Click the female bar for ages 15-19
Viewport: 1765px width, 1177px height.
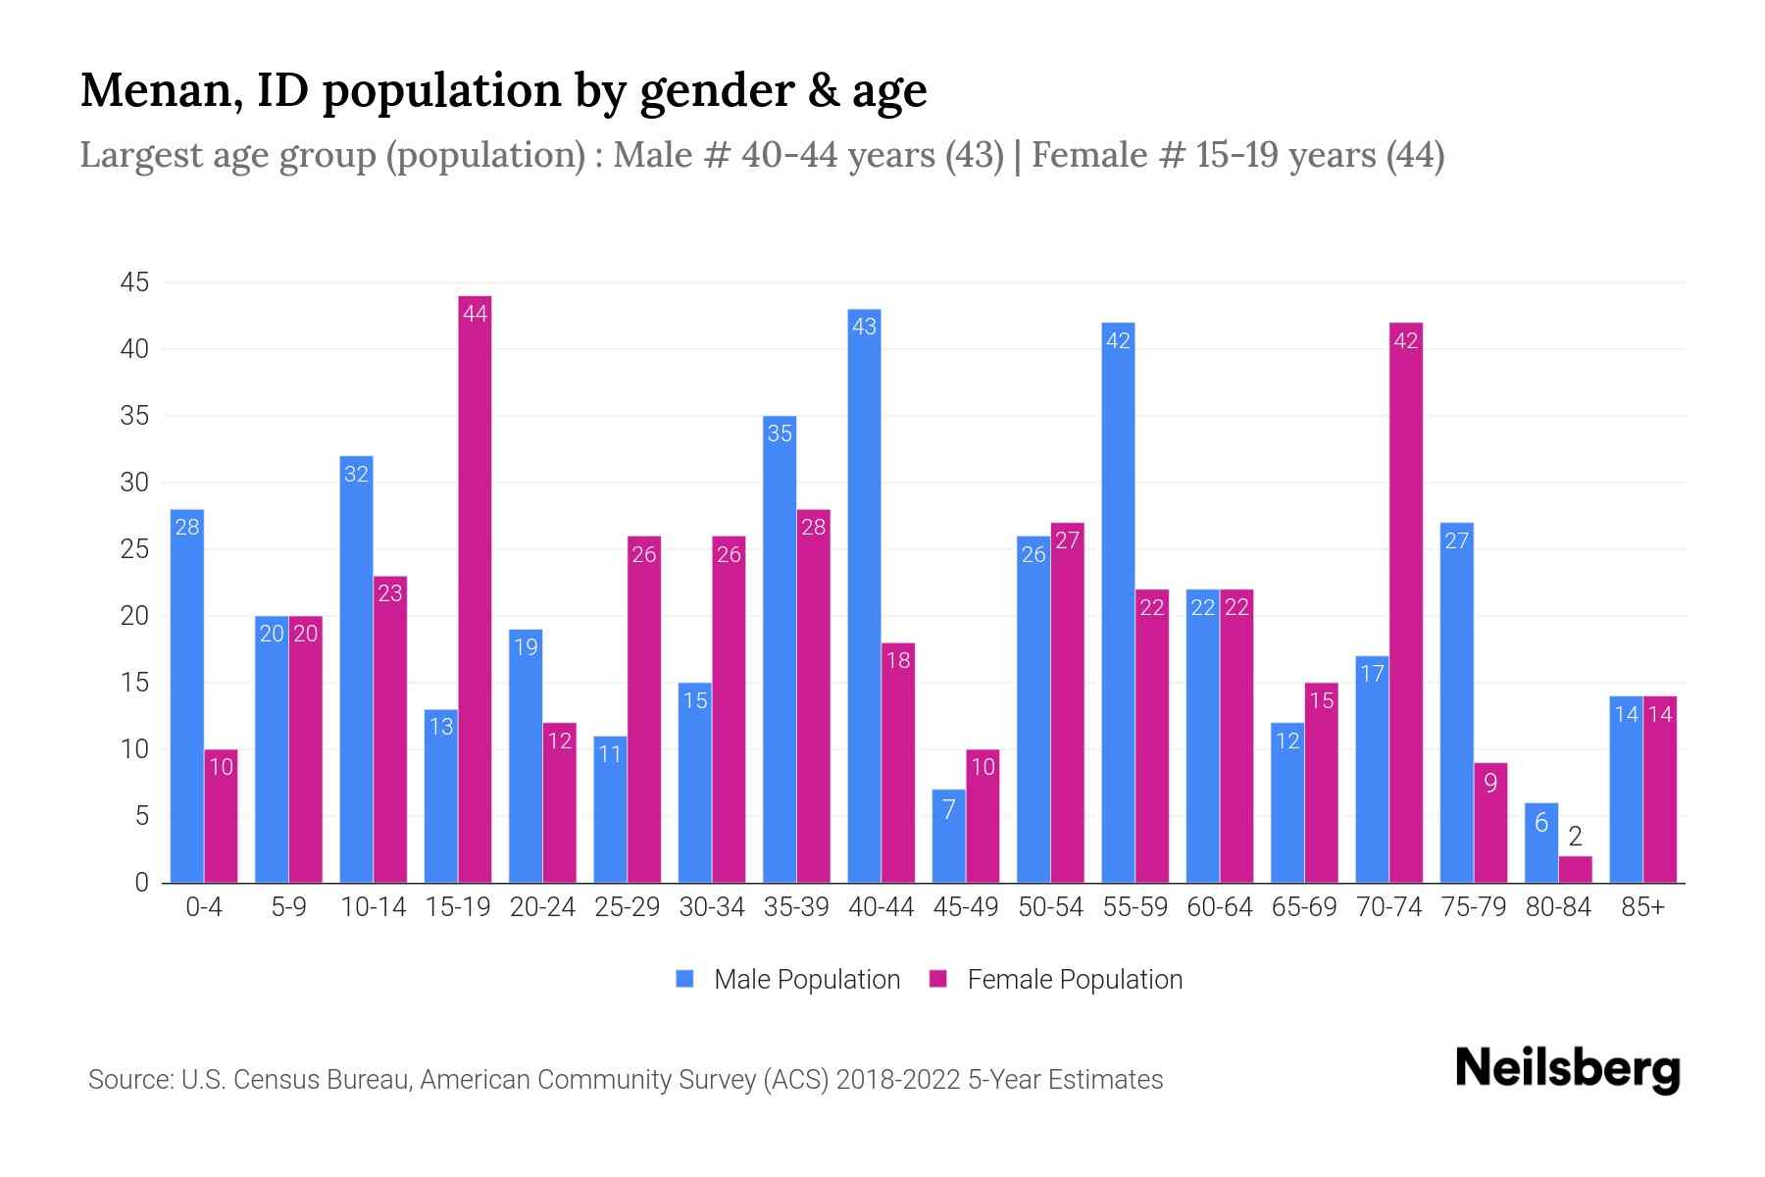pyautogui.click(x=475, y=588)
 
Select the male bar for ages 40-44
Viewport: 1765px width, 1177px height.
pyautogui.click(x=864, y=598)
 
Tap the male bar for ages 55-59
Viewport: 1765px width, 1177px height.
pyautogui.click(x=1118, y=603)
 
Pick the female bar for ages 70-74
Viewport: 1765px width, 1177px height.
pyautogui.click(x=1405, y=603)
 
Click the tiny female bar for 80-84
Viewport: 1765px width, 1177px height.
pyautogui.click(x=1575, y=870)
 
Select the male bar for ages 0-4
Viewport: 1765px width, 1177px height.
pyautogui.click(x=187, y=696)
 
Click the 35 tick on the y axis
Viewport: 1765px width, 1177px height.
pyautogui.click(x=134, y=416)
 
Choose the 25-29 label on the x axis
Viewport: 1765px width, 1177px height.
pyautogui.click(x=627, y=907)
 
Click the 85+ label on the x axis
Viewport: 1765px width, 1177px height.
pyautogui.click(x=1642, y=907)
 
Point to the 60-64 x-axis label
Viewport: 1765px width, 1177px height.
pyautogui.click(x=1219, y=907)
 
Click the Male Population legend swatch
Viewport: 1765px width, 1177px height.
pyautogui.click(x=684, y=979)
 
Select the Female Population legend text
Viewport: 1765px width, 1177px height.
pyautogui.click(x=1075, y=979)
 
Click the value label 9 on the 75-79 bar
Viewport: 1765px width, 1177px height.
pyautogui.click(x=1490, y=784)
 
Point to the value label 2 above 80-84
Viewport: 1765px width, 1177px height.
pyautogui.click(x=1575, y=837)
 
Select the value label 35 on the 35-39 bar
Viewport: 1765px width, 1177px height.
pyautogui.click(x=780, y=434)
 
